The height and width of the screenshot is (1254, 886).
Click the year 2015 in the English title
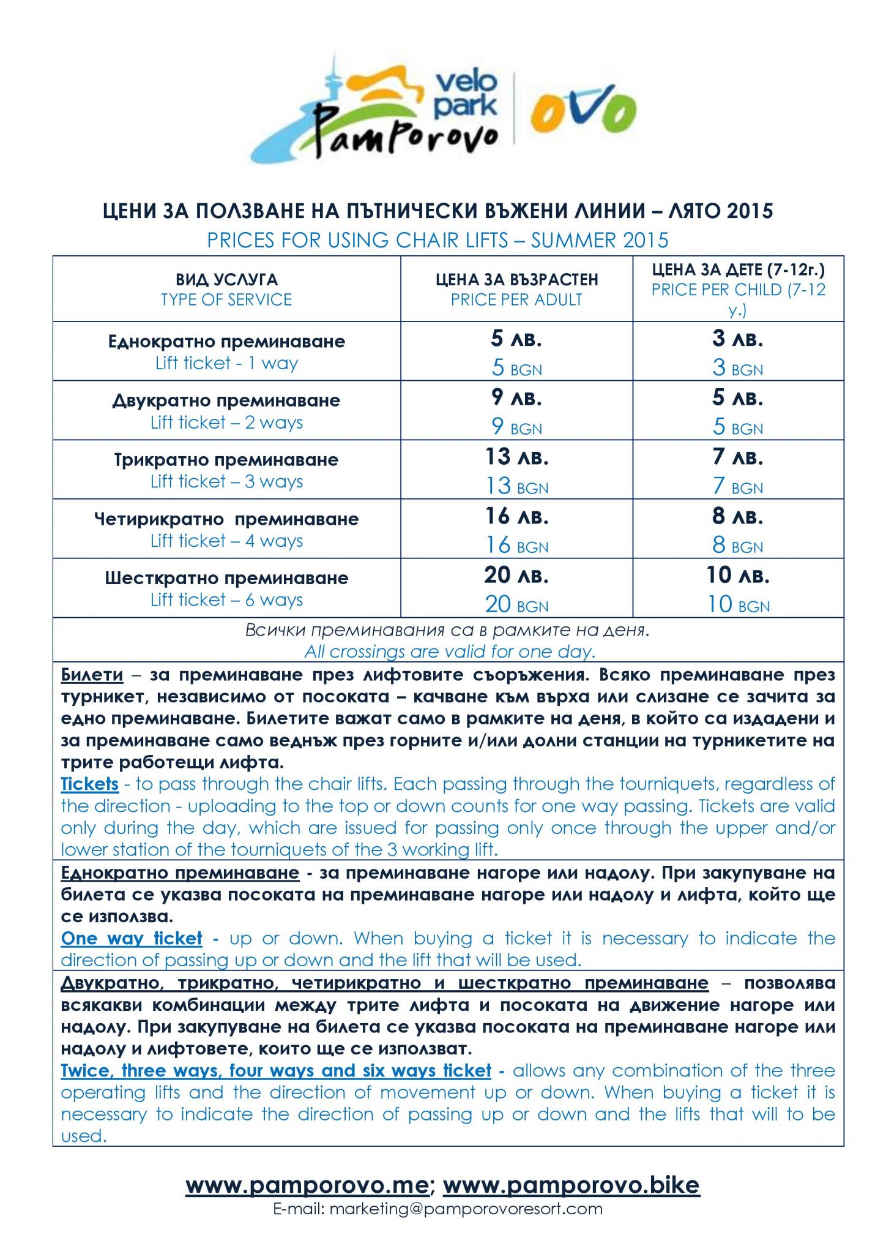point(646,240)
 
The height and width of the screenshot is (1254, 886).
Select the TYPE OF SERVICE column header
point(226,299)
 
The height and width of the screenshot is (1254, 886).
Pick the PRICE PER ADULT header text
point(516,299)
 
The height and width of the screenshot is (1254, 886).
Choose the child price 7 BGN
point(738,487)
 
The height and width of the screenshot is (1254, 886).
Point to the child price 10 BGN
point(739,605)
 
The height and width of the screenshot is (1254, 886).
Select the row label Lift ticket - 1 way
point(226,363)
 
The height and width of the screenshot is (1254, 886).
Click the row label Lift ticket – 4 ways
point(226,541)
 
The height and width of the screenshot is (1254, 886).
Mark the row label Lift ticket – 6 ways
point(226,600)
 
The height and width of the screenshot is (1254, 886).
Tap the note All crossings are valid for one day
point(450,651)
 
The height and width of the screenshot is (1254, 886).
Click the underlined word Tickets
point(90,784)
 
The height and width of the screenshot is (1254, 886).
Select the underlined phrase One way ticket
point(132,939)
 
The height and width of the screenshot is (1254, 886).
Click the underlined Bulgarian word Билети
point(92,675)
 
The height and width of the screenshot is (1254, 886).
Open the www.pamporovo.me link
point(307,1185)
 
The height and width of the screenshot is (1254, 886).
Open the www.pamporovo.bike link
point(571,1185)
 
